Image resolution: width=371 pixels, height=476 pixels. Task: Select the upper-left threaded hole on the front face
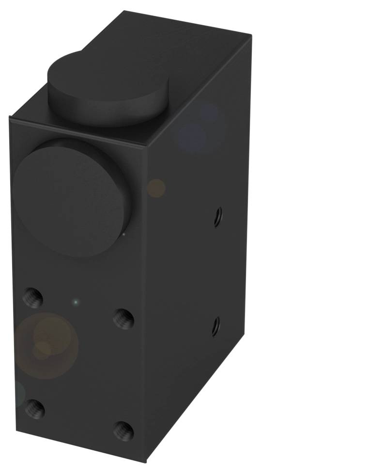pos(33,297)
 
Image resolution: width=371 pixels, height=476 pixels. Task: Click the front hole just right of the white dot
pos(124,318)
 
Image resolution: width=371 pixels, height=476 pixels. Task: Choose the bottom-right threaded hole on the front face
pos(124,430)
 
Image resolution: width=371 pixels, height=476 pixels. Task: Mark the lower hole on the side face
pos(216,326)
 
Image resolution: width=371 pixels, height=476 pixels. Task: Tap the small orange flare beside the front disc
pos(156,188)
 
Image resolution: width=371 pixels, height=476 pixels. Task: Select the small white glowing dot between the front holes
pos(75,302)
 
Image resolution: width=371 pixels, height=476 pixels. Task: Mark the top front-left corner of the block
pos(10,118)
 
